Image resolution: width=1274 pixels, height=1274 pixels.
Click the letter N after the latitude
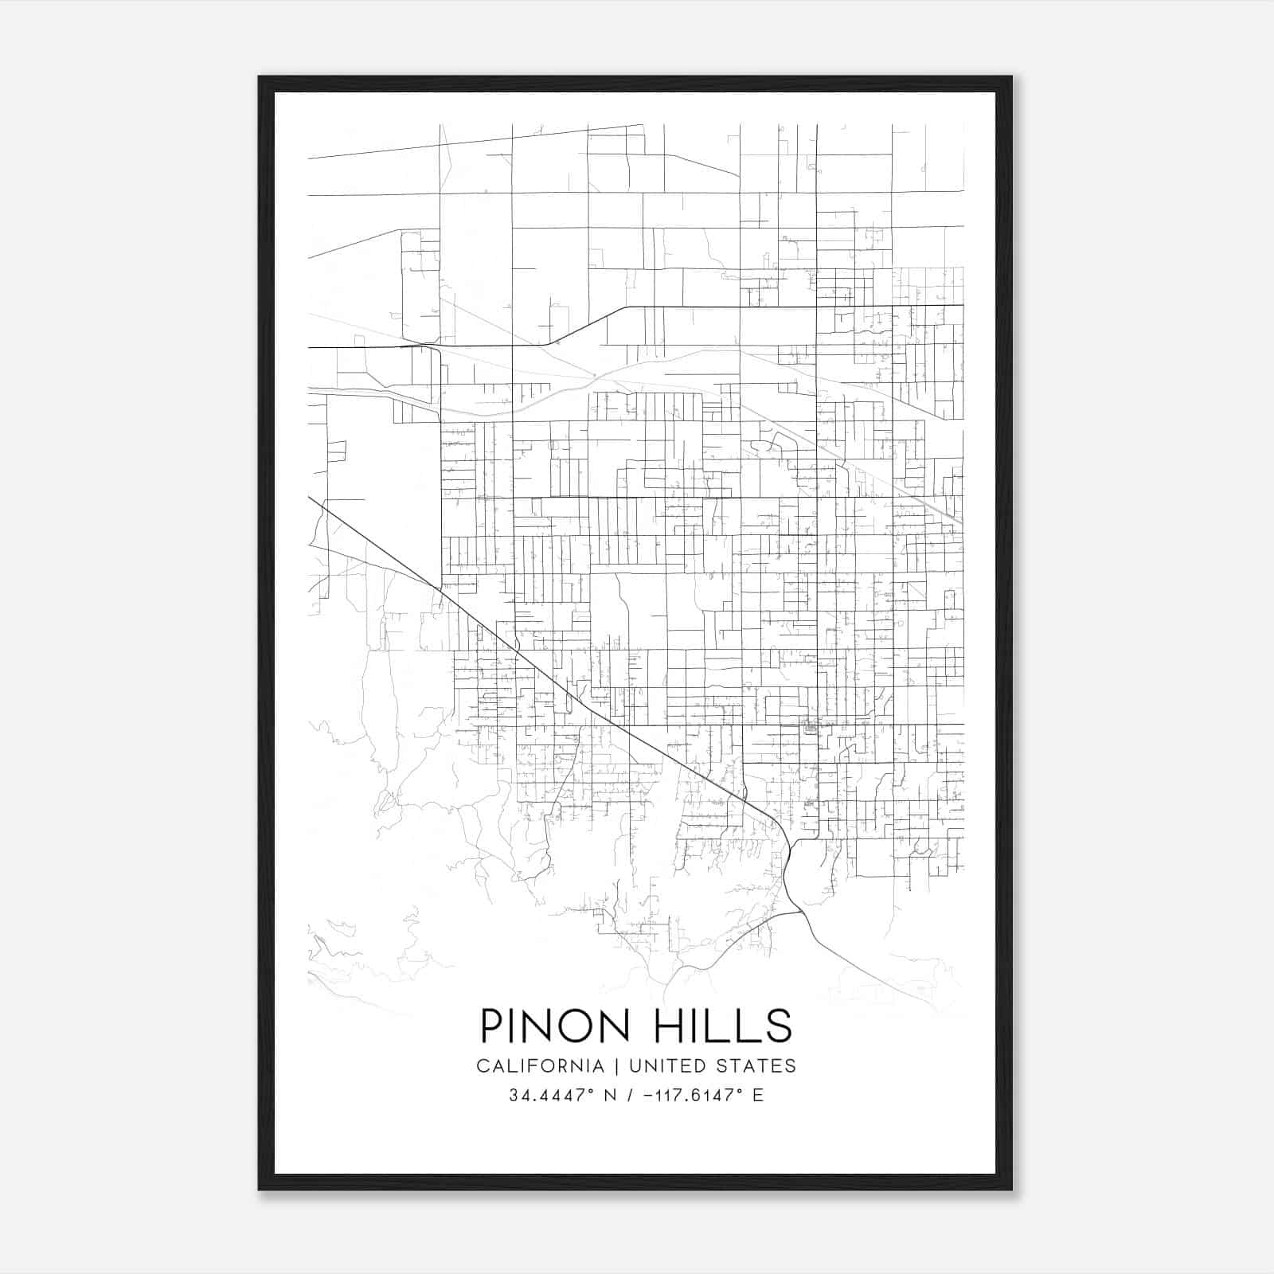[611, 1096]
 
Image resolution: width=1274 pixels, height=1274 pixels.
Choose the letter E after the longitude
[757, 1096]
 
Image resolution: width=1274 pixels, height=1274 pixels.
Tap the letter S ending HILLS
[779, 1026]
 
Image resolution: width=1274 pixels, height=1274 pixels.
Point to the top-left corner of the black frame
[260, 77]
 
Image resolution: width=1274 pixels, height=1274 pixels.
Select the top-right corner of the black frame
[1011, 77]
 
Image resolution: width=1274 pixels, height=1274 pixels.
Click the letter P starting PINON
[491, 1026]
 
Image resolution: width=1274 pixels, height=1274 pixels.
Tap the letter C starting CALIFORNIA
[483, 1065]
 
